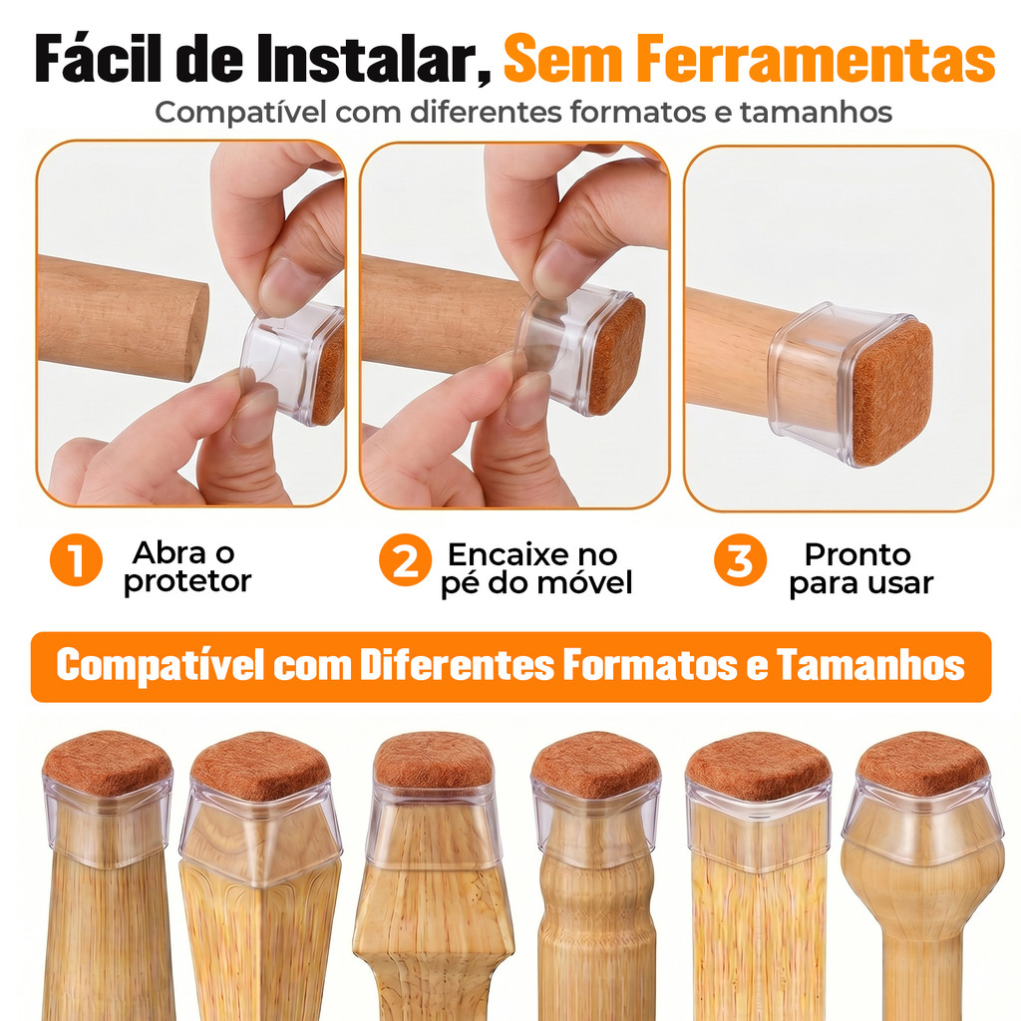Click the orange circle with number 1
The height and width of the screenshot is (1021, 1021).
click(76, 560)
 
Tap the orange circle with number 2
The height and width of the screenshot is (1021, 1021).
click(405, 560)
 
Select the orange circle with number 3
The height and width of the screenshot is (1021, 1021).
click(741, 560)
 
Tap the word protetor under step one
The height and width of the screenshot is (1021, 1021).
click(187, 581)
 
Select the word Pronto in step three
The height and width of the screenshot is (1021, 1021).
click(857, 554)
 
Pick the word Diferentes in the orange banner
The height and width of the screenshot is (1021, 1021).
click(457, 665)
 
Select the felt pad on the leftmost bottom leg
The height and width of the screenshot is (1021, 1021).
click(108, 763)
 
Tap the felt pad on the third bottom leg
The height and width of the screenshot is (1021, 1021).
click(433, 761)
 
